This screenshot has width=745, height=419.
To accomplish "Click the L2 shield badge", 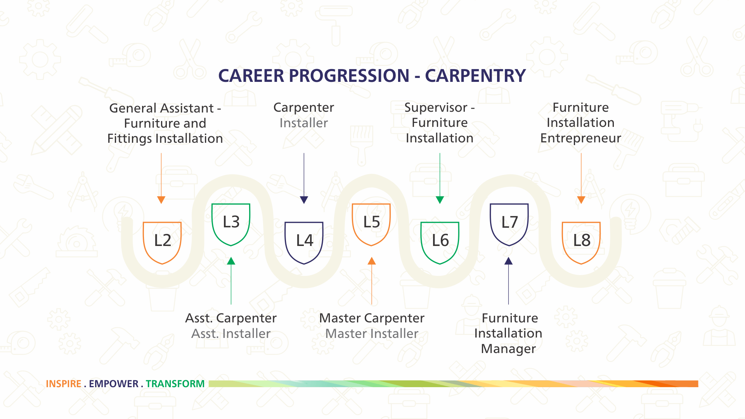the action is pyautogui.click(x=162, y=243).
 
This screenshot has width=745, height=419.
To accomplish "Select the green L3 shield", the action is pyautogui.click(x=231, y=225).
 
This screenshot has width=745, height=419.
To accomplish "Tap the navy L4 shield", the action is pyautogui.click(x=304, y=243).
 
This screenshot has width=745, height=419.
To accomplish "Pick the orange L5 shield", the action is pyautogui.click(x=371, y=225).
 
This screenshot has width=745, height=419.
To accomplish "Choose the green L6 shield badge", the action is pyautogui.click(x=440, y=243).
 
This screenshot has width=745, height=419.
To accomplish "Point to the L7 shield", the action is pyautogui.click(x=509, y=225).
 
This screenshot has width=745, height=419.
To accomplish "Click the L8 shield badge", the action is pyautogui.click(x=581, y=243).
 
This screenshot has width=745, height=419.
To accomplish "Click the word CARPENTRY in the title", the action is pyautogui.click(x=475, y=76).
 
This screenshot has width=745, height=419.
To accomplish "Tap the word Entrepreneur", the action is pyautogui.click(x=580, y=139).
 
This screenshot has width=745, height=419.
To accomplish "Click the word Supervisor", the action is pyautogui.click(x=436, y=108).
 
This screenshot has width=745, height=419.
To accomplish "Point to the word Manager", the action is pyautogui.click(x=508, y=349).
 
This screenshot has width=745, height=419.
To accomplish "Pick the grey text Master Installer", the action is pyautogui.click(x=372, y=334).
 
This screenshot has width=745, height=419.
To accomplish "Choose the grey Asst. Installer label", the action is pyautogui.click(x=231, y=334).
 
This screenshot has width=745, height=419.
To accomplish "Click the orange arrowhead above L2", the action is pyautogui.click(x=161, y=200).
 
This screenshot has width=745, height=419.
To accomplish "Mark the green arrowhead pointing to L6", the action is pyautogui.click(x=440, y=200).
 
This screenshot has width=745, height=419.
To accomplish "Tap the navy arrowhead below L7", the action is pyautogui.click(x=508, y=261).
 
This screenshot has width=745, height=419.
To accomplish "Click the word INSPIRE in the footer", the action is pyautogui.click(x=64, y=384).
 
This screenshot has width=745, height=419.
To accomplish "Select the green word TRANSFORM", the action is pyautogui.click(x=175, y=384).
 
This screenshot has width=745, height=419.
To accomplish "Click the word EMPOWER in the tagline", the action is pyautogui.click(x=114, y=384).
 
